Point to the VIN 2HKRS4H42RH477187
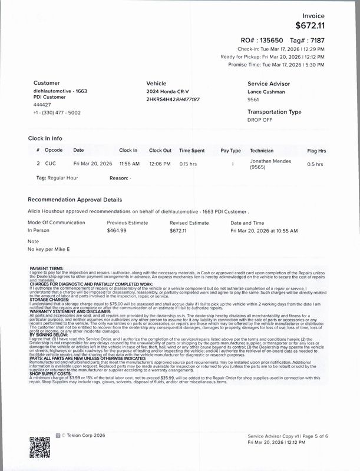(x=173, y=99)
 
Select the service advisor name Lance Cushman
(x=266, y=92)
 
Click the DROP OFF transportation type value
(x=260, y=120)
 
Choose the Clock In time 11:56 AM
(x=129, y=164)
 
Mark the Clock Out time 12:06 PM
(x=160, y=164)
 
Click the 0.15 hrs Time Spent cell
(x=189, y=164)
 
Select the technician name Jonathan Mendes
(x=270, y=161)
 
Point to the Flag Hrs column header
(x=316, y=150)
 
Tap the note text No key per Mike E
(x=49, y=250)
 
